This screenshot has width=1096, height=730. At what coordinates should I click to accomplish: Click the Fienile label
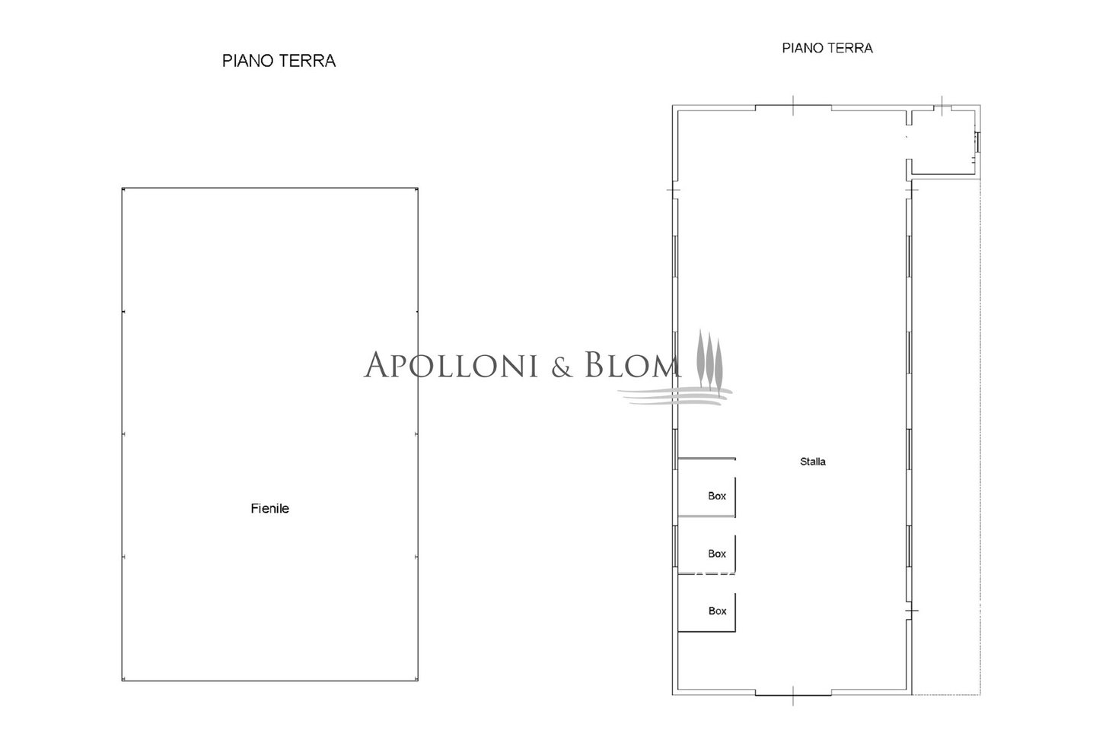pos(269,509)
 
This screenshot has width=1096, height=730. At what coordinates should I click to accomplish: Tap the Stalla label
pos(813,462)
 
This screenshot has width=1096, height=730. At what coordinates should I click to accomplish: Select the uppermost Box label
pos(717,496)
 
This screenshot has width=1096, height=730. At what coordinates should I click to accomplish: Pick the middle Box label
pos(717,554)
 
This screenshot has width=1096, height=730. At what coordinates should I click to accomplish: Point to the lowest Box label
pos(717,611)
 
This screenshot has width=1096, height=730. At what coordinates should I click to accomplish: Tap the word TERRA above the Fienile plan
pos(307,61)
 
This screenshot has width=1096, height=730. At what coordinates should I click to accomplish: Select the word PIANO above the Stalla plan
pos(804,48)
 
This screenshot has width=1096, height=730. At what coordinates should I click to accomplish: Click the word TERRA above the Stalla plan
pos(851,48)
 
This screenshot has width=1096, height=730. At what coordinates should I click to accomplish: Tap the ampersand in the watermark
pos(562,367)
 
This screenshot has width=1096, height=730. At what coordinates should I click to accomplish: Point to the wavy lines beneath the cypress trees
pos(675,395)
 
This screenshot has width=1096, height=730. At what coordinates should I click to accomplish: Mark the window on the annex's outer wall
pos(977,141)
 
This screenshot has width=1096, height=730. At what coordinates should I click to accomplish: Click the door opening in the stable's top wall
pos(793,107)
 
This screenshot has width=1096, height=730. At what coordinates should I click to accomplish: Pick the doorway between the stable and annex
pos(909,141)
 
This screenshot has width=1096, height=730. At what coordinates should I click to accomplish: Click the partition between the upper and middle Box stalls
pos(706,516)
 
